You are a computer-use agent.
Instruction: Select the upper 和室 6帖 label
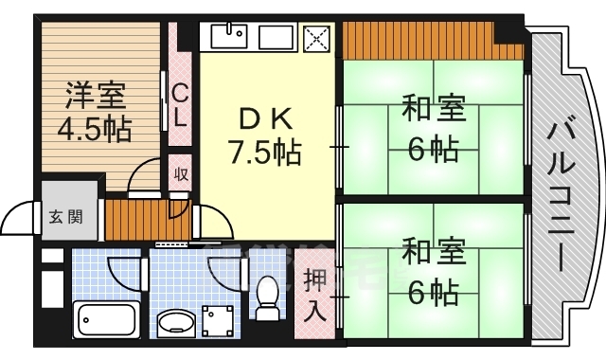click(x=433, y=128)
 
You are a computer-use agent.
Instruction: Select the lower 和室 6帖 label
click(x=433, y=272)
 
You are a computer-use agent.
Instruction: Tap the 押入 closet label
click(x=313, y=295)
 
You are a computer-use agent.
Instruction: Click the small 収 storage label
click(x=179, y=175)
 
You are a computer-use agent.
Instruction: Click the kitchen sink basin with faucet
click(x=226, y=38)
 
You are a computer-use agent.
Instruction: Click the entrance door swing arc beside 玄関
click(x=21, y=219)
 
